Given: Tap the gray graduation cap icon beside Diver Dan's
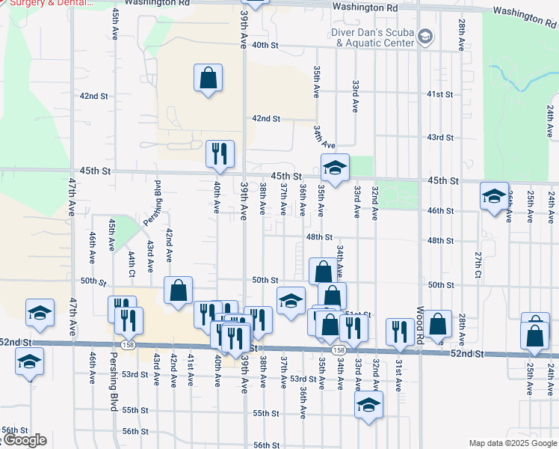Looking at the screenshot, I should [x=425, y=36].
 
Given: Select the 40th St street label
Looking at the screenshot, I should [x=265, y=46].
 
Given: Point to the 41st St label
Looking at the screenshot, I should [x=440, y=94].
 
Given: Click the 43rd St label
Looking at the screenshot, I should [x=440, y=138].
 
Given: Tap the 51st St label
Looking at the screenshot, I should [x=359, y=314].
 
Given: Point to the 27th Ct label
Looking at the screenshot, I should [x=478, y=264].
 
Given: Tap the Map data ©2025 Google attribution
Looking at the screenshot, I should [x=512, y=443].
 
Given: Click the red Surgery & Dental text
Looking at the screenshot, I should [x=48, y=3].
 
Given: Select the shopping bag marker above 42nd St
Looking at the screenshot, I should [x=209, y=78].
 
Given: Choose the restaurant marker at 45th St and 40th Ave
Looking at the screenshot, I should [x=220, y=154].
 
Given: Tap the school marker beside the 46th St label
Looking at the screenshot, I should [x=494, y=196].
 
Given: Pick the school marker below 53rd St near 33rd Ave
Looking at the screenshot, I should [x=368, y=405].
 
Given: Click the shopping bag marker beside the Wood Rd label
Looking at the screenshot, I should [x=439, y=324].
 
